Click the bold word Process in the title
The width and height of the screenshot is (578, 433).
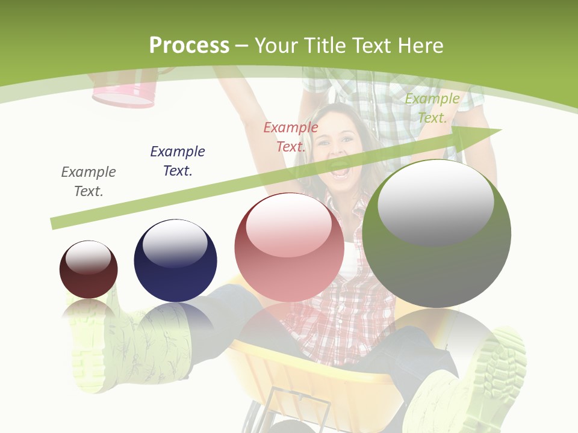click(x=189, y=46)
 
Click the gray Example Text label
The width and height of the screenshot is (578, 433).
click(x=89, y=182)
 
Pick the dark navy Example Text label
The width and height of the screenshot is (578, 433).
click(x=178, y=161)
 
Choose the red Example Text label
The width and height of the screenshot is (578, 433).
click(x=291, y=137)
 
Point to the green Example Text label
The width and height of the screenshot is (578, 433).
click(x=432, y=108)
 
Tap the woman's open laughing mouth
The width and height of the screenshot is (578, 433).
click(x=340, y=171)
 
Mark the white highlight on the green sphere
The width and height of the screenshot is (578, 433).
click(x=436, y=201)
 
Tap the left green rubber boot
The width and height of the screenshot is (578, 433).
click(x=108, y=355)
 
